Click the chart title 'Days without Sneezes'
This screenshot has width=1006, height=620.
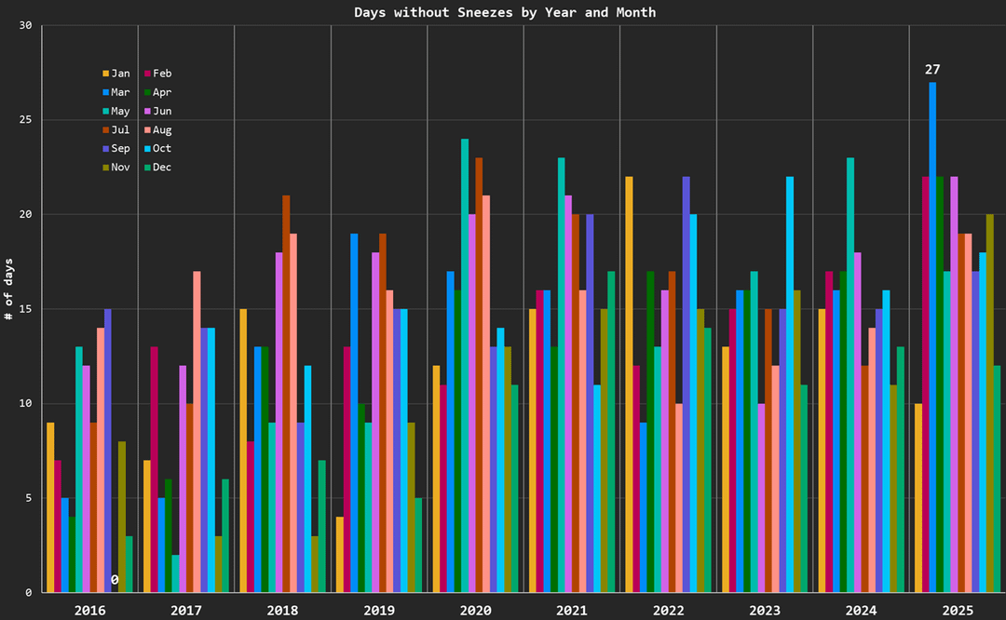click(x=505, y=12)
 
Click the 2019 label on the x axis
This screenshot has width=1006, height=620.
click(x=378, y=610)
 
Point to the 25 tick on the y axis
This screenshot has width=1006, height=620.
click(x=25, y=120)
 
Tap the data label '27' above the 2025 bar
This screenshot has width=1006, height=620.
click(x=932, y=70)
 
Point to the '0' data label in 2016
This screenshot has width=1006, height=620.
click(x=115, y=580)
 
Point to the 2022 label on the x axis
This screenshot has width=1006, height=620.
click(x=668, y=610)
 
